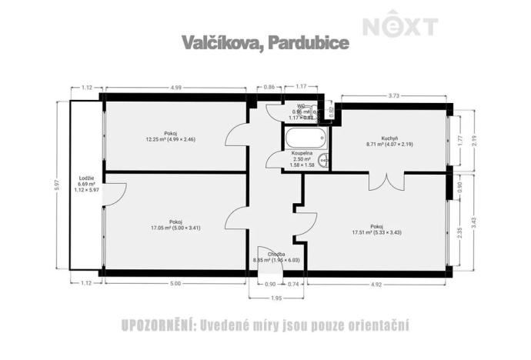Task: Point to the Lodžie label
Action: pos(86,178)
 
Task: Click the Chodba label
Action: pos(277,254)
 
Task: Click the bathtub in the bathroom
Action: pos(306,140)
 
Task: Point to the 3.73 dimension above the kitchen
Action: pos(393,95)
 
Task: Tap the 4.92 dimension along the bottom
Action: pos(376,284)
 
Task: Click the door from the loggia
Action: pos(110,194)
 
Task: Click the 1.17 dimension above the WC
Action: pos(302,88)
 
